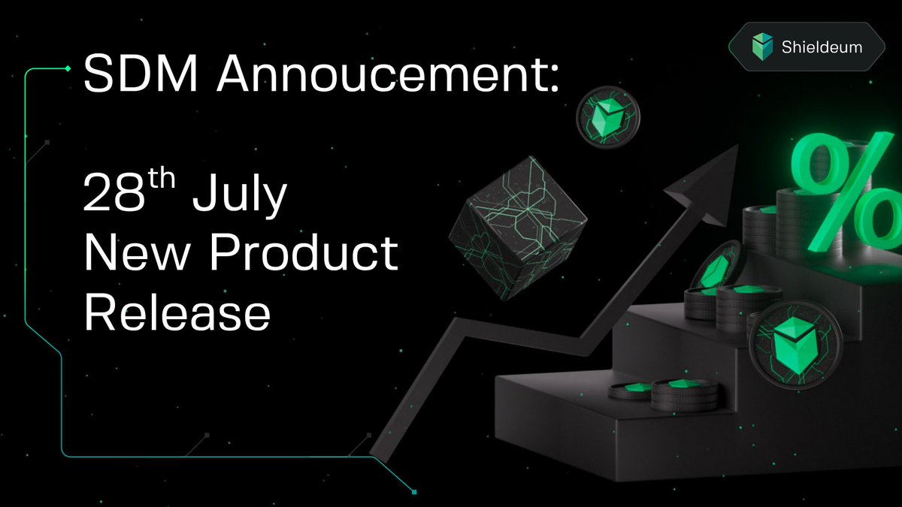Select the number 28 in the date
(x=114, y=192)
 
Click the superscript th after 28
(x=162, y=178)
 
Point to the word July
(x=240, y=195)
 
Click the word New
(x=137, y=253)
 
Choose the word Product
(x=304, y=252)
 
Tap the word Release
(x=177, y=312)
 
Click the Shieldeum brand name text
(x=822, y=47)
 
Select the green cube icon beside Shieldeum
(x=762, y=47)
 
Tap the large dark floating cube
(x=518, y=228)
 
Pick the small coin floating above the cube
(x=607, y=117)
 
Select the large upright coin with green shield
(x=796, y=346)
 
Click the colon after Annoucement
(x=555, y=79)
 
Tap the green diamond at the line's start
(x=68, y=69)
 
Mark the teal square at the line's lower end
(x=414, y=492)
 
